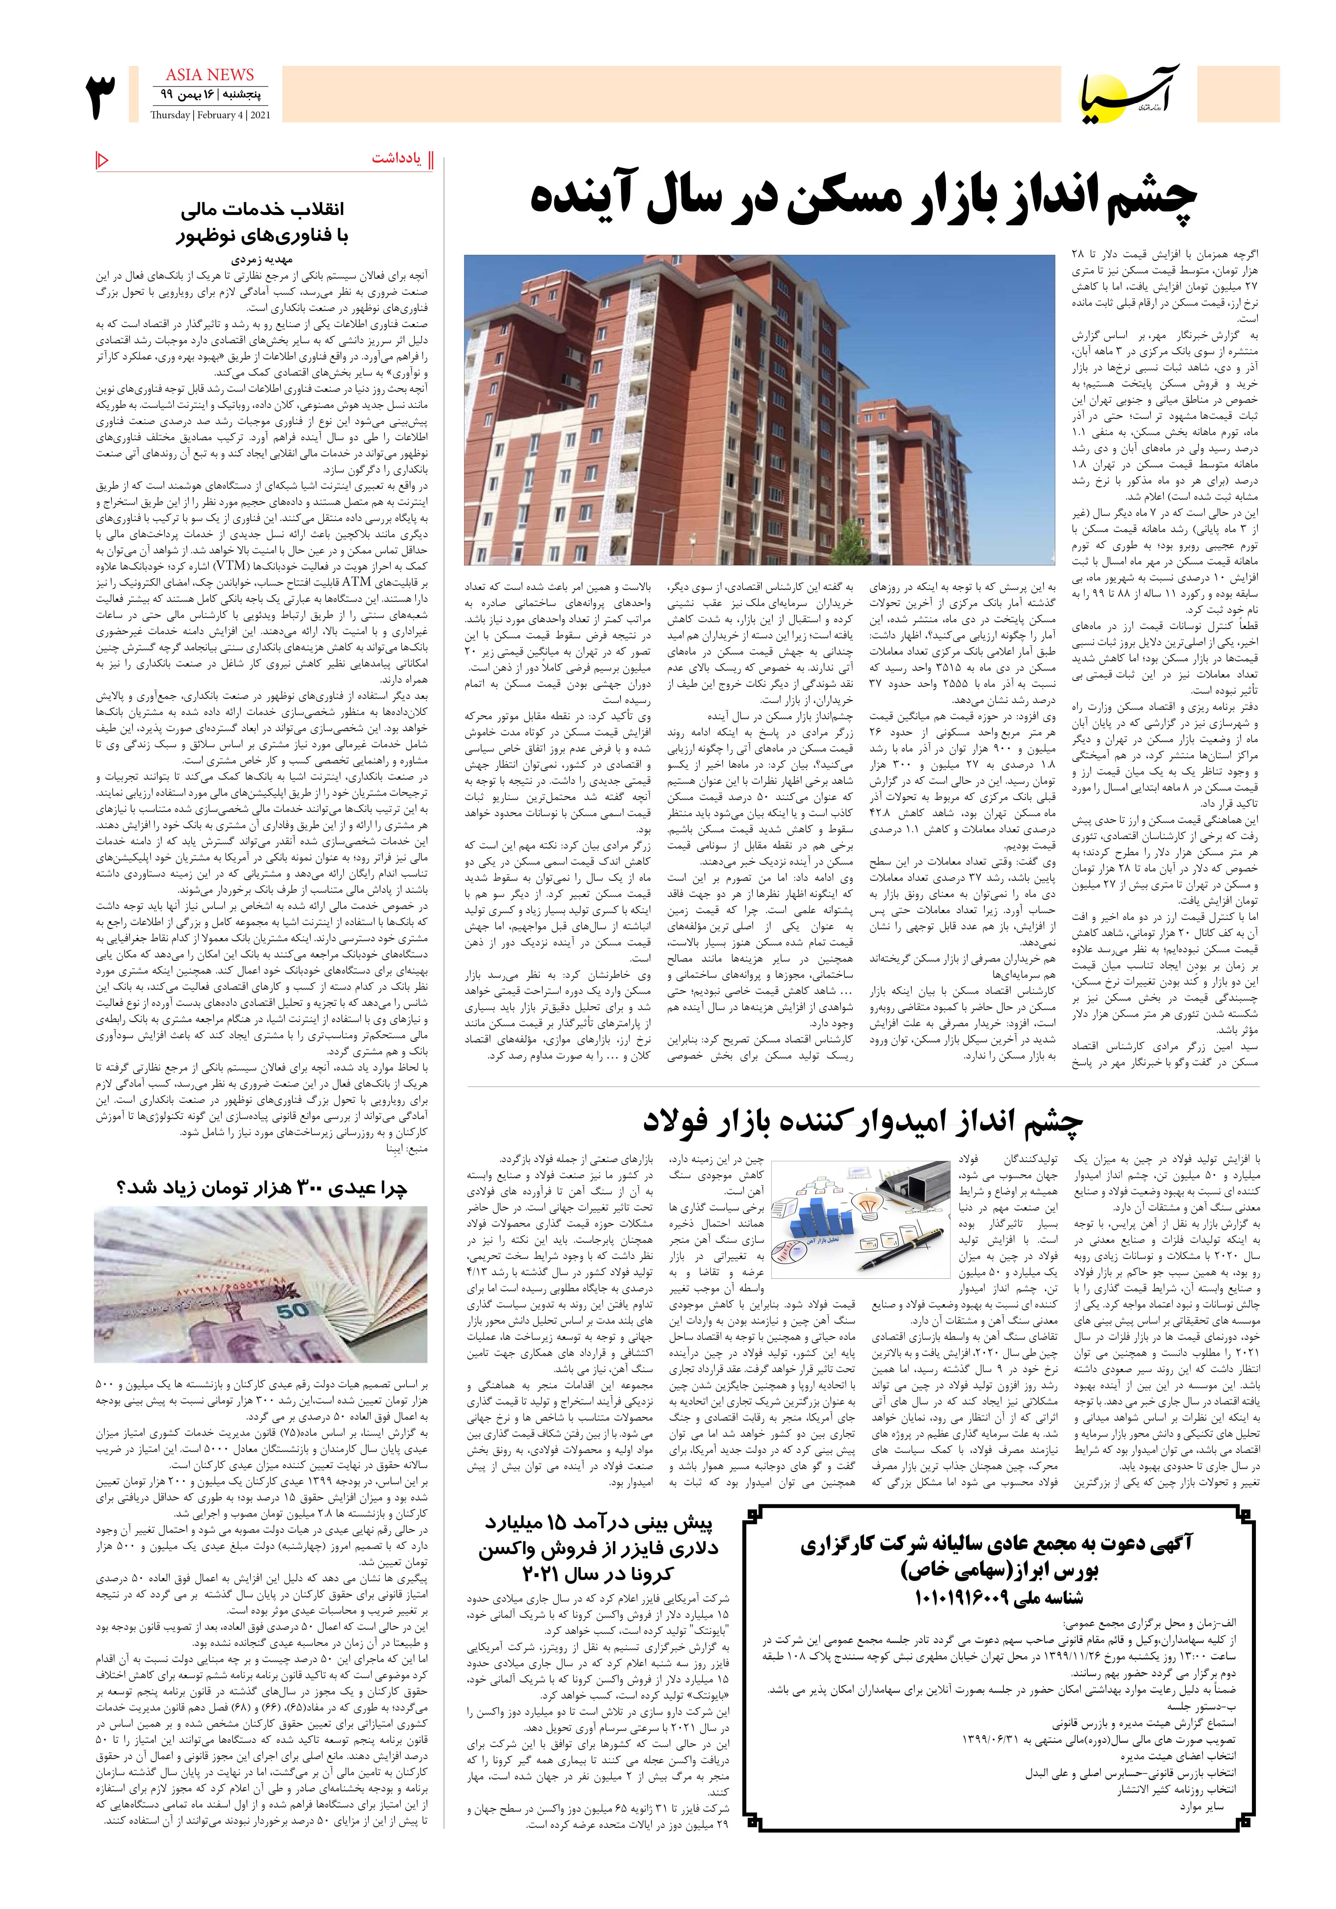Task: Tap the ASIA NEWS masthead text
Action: point(210,75)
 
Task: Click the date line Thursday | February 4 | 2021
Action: point(210,115)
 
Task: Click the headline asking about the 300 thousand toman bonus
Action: point(261,1188)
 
